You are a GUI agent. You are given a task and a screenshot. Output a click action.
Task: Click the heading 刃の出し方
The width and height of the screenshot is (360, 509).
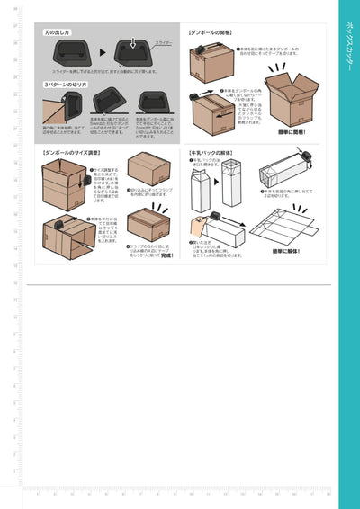pyautogui.click(x=60, y=31)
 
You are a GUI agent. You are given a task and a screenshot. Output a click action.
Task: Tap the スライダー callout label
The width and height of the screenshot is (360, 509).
pyautogui.click(x=164, y=41)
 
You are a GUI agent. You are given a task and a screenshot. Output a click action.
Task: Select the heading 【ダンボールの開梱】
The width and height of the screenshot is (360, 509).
pyautogui.click(x=212, y=31)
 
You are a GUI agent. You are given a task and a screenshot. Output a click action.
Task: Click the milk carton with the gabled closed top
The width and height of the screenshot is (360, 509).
pyautogui.click(x=202, y=185)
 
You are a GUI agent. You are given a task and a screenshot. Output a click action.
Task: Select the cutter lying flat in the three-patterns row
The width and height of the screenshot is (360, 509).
pyautogui.click(x=149, y=101)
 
